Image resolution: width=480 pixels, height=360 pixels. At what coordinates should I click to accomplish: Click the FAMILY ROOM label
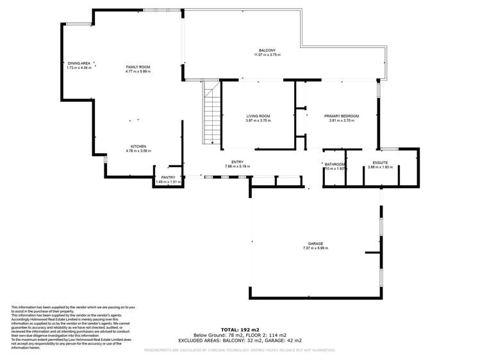click(138, 67)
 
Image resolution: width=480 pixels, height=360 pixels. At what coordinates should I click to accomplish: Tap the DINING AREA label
click(79, 63)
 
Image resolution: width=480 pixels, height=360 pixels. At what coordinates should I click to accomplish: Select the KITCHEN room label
click(138, 146)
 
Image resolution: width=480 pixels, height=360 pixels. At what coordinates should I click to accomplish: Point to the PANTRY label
click(169, 177)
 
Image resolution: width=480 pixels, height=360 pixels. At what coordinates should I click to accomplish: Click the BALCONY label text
click(267, 51)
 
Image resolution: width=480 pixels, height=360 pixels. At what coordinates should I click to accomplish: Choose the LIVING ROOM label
click(258, 116)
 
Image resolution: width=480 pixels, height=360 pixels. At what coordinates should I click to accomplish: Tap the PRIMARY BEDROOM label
click(342, 116)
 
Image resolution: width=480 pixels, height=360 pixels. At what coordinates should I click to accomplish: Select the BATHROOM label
click(335, 164)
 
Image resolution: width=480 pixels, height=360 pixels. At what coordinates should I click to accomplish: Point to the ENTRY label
click(236, 162)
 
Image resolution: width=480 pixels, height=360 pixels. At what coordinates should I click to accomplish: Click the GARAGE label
click(315, 243)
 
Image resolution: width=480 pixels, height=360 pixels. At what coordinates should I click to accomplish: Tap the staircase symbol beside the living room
click(212, 116)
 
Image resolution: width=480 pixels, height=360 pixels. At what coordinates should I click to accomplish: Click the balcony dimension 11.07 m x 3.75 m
click(267, 55)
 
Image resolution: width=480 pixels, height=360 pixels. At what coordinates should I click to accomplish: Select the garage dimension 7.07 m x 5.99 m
click(315, 248)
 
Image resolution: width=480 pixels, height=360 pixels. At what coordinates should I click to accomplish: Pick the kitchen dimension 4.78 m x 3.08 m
click(138, 151)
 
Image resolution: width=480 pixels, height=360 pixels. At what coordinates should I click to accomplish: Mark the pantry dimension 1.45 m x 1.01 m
click(169, 182)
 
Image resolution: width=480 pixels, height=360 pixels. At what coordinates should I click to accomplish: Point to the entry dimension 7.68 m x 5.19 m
click(237, 167)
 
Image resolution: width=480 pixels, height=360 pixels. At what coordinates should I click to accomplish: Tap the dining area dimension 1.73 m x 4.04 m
click(79, 68)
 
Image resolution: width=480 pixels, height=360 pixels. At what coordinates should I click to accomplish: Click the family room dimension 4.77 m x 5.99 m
click(138, 71)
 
